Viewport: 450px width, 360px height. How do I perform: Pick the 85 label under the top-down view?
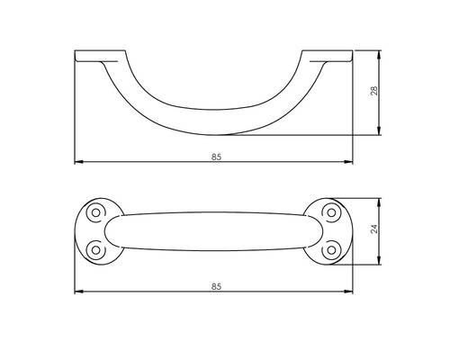point(216,285)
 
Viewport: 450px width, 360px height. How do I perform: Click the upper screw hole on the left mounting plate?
point(93,212)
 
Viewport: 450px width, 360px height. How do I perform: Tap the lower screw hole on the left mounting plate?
point(93,247)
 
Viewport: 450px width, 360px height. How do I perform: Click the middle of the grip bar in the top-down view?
point(213,229)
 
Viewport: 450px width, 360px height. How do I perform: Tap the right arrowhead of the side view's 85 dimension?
point(350,163)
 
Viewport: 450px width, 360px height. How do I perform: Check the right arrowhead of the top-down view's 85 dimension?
point(350,292)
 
